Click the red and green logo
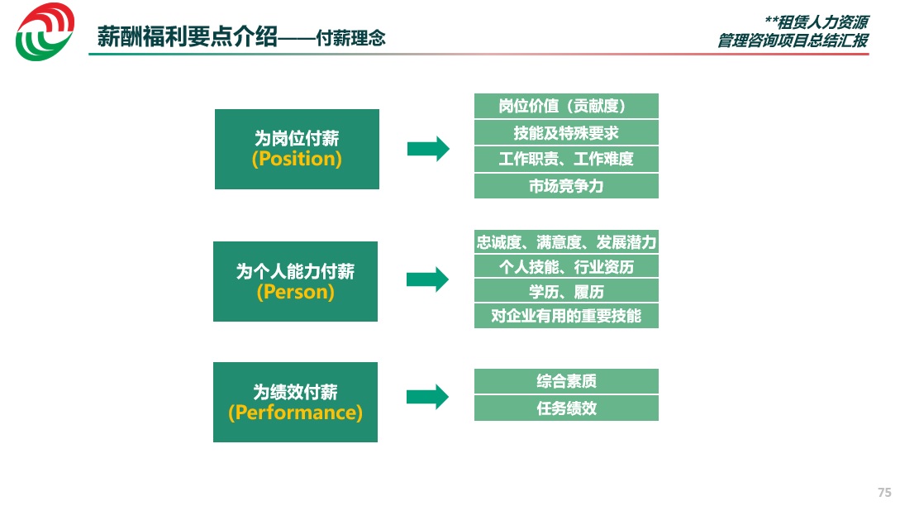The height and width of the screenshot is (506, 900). [45, 31]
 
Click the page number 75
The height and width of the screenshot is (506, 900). [884, 492]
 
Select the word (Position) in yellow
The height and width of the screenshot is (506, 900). [297, 159]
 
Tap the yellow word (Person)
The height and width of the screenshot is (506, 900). [295, 292]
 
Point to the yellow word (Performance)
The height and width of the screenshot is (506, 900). [295, 413]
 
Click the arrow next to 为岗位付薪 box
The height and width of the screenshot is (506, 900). [428, 150]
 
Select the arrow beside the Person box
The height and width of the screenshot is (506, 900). [427, 279]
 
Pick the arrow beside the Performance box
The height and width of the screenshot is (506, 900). [427, 397]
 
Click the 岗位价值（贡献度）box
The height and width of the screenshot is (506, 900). [566, 106]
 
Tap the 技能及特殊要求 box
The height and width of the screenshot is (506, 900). [566, 132]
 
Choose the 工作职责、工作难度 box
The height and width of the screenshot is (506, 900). [566, 159]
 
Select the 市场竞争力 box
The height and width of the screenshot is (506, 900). [566, 186]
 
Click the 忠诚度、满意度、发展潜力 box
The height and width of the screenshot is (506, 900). [566, 241]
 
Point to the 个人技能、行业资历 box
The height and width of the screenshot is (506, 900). [566, 266]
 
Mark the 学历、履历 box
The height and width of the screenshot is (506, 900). [566, 291]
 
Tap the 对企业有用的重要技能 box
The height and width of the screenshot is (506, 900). [566, 316]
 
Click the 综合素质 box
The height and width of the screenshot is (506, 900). [566, 381]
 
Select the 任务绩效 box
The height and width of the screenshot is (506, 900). [566, 408]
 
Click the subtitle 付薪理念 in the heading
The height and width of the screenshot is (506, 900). [350, 38]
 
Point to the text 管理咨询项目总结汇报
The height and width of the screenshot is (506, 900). [793, 41]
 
